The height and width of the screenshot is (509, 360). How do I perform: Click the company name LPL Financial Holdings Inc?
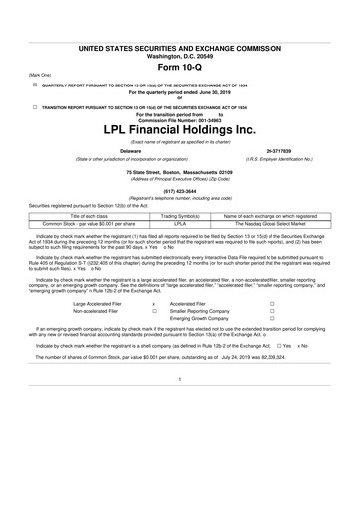pyautogui.click(x=180, y=129)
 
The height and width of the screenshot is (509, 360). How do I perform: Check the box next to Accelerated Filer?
pyautogui.click(x=271, y=300)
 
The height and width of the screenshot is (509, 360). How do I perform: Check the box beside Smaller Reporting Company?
pyautogui.click(x=271, y=308)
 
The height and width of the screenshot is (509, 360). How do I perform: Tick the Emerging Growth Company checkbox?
pyautogui.click(x=271, y=316)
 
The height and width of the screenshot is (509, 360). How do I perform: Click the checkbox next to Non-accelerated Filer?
pyautogui.click(x=154, y=308)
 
